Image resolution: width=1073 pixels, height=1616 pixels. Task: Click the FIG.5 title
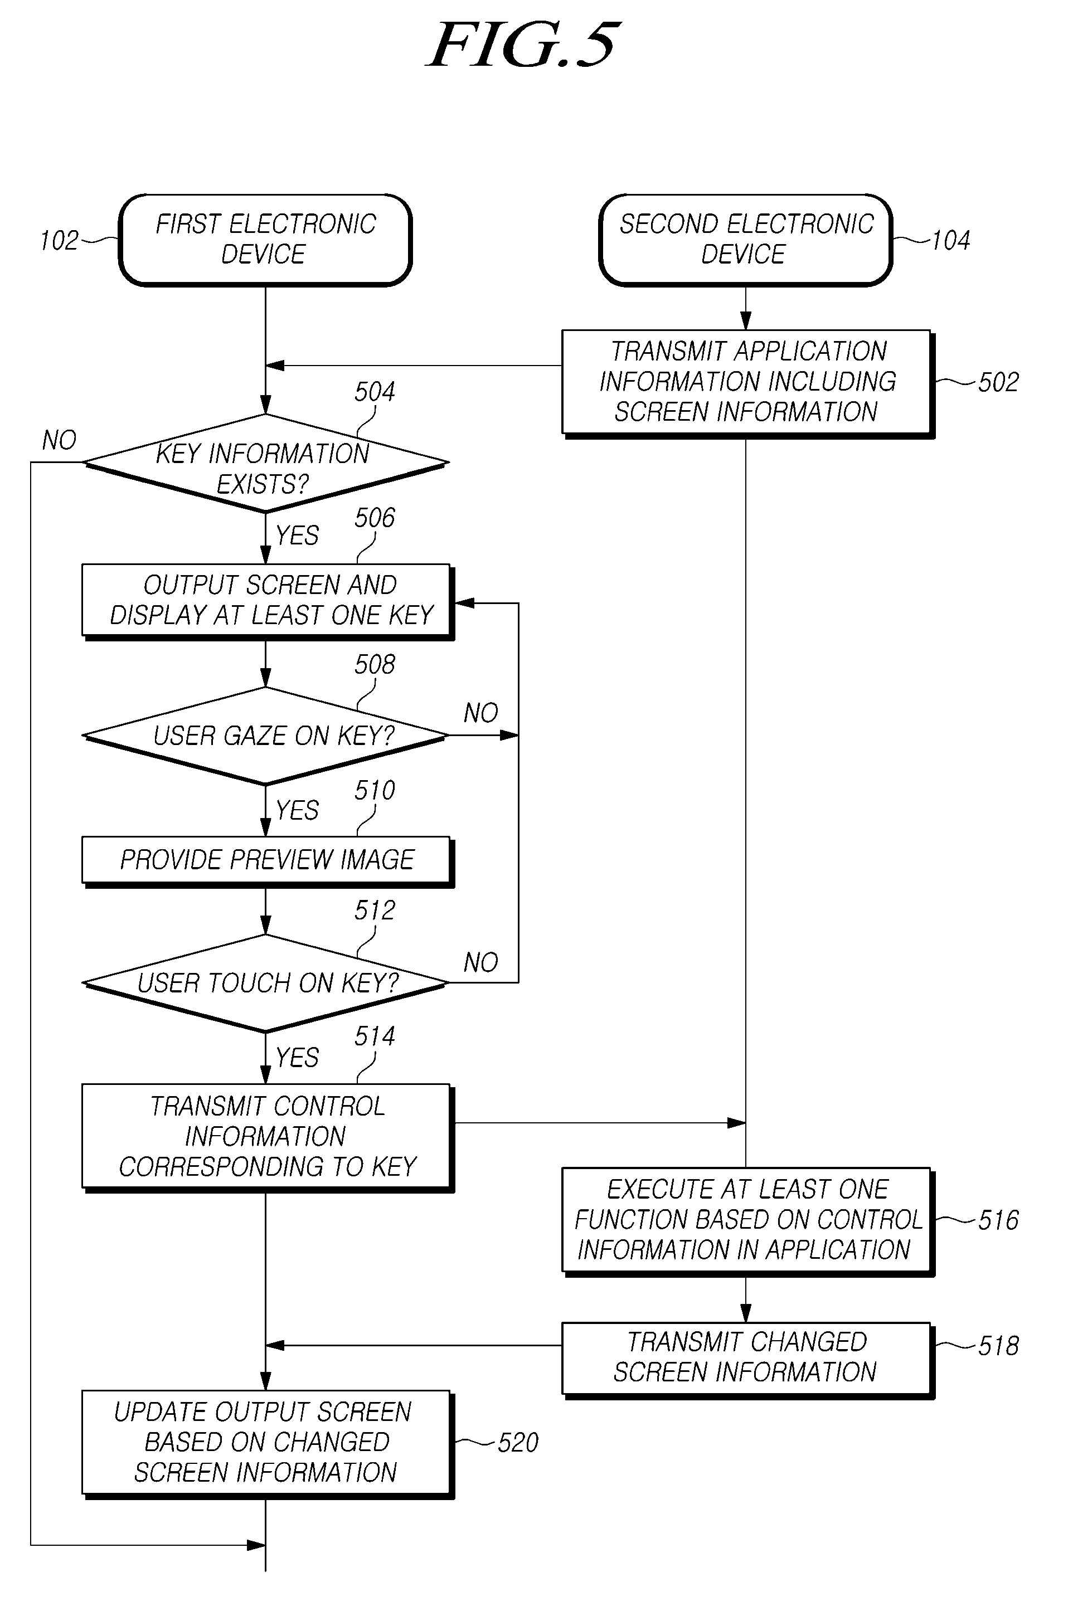point(523,45)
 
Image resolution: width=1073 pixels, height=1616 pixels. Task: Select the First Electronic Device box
point(265,240)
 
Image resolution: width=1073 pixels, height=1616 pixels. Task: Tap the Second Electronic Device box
point(746,240)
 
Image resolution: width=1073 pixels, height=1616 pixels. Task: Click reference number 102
point(60,241)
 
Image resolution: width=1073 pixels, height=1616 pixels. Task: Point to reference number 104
point(951,241)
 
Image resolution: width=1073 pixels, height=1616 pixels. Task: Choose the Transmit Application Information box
point(748,383)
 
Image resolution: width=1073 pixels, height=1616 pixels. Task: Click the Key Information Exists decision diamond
point(265,463)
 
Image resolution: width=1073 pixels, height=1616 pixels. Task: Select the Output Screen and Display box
point(268,601)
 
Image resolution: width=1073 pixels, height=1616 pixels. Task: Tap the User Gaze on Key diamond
point(265,736)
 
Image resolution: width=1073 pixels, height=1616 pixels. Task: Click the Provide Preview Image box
point(268,861)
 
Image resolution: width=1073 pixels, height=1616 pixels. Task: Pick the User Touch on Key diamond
point(265,983)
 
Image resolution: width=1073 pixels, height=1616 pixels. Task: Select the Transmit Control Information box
point(268,1138)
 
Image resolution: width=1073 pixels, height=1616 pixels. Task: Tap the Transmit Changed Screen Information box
point(748,1360)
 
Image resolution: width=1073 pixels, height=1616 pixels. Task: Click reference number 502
point(998,382)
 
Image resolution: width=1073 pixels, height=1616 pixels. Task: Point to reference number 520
point(518,1443)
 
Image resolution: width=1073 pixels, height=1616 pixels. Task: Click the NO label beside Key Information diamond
point(59,440)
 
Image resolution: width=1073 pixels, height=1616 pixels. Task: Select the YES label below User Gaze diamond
point(297,810)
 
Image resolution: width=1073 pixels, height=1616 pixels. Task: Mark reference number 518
point(998,1346)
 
